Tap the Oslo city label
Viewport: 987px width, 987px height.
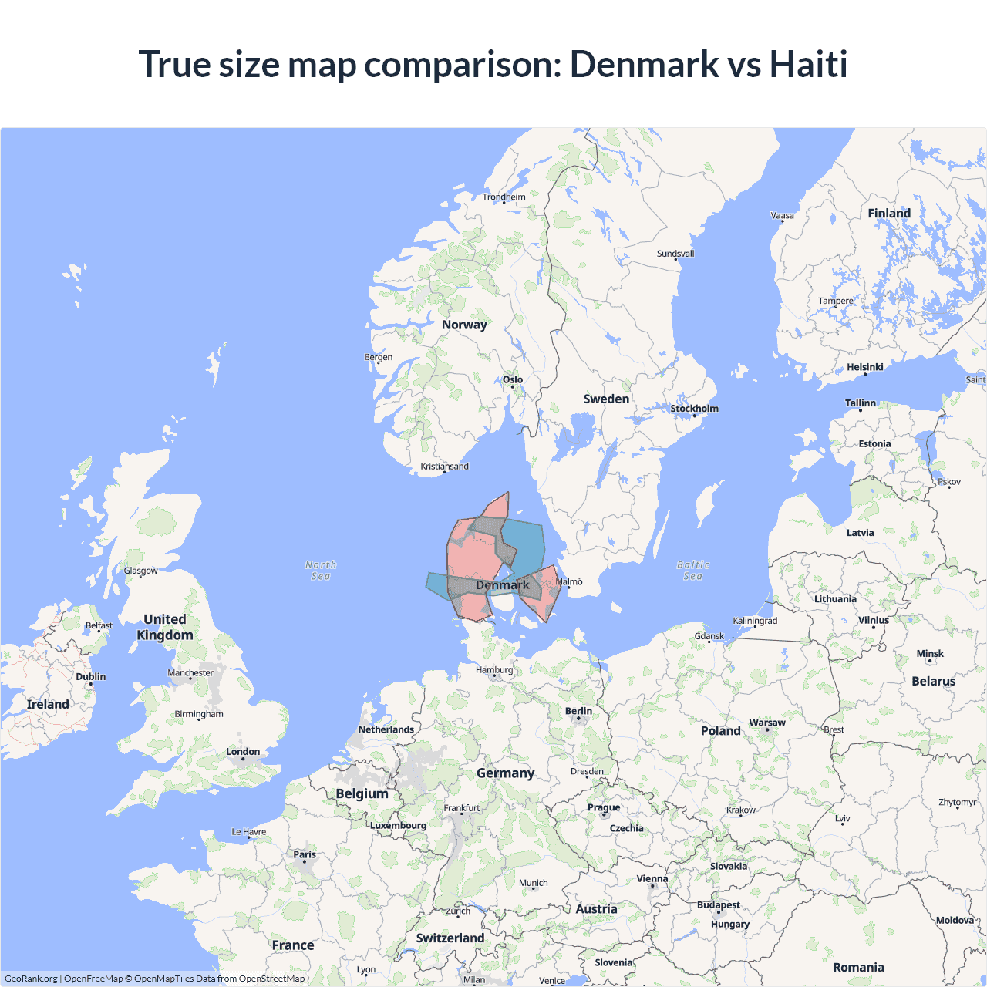513,379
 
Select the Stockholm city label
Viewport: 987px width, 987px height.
694,409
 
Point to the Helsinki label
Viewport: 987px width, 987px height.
864,367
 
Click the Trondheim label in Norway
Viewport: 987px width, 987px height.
504,197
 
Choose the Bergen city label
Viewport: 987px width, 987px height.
379,357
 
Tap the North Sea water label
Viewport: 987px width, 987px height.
321,571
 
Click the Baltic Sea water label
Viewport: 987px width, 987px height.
693,571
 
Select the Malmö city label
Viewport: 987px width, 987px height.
569,581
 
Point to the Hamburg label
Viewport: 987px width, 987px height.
494,669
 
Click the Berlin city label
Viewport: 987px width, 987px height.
578,711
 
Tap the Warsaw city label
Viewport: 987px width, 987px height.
767,723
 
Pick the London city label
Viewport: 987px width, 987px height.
243,751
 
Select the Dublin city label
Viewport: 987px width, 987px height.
91,676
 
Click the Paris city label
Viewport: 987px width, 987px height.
305,854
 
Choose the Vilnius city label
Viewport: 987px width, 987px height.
874,620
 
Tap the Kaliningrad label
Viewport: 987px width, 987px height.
755,621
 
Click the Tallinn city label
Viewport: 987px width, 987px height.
861,403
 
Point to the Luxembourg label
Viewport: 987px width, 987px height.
398,825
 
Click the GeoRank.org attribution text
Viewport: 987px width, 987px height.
31,979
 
